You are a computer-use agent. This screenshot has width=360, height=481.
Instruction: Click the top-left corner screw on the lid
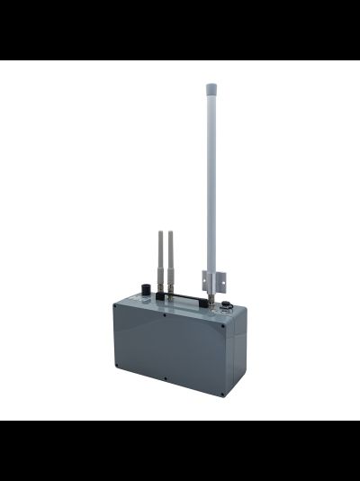(x=115, y=307)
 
